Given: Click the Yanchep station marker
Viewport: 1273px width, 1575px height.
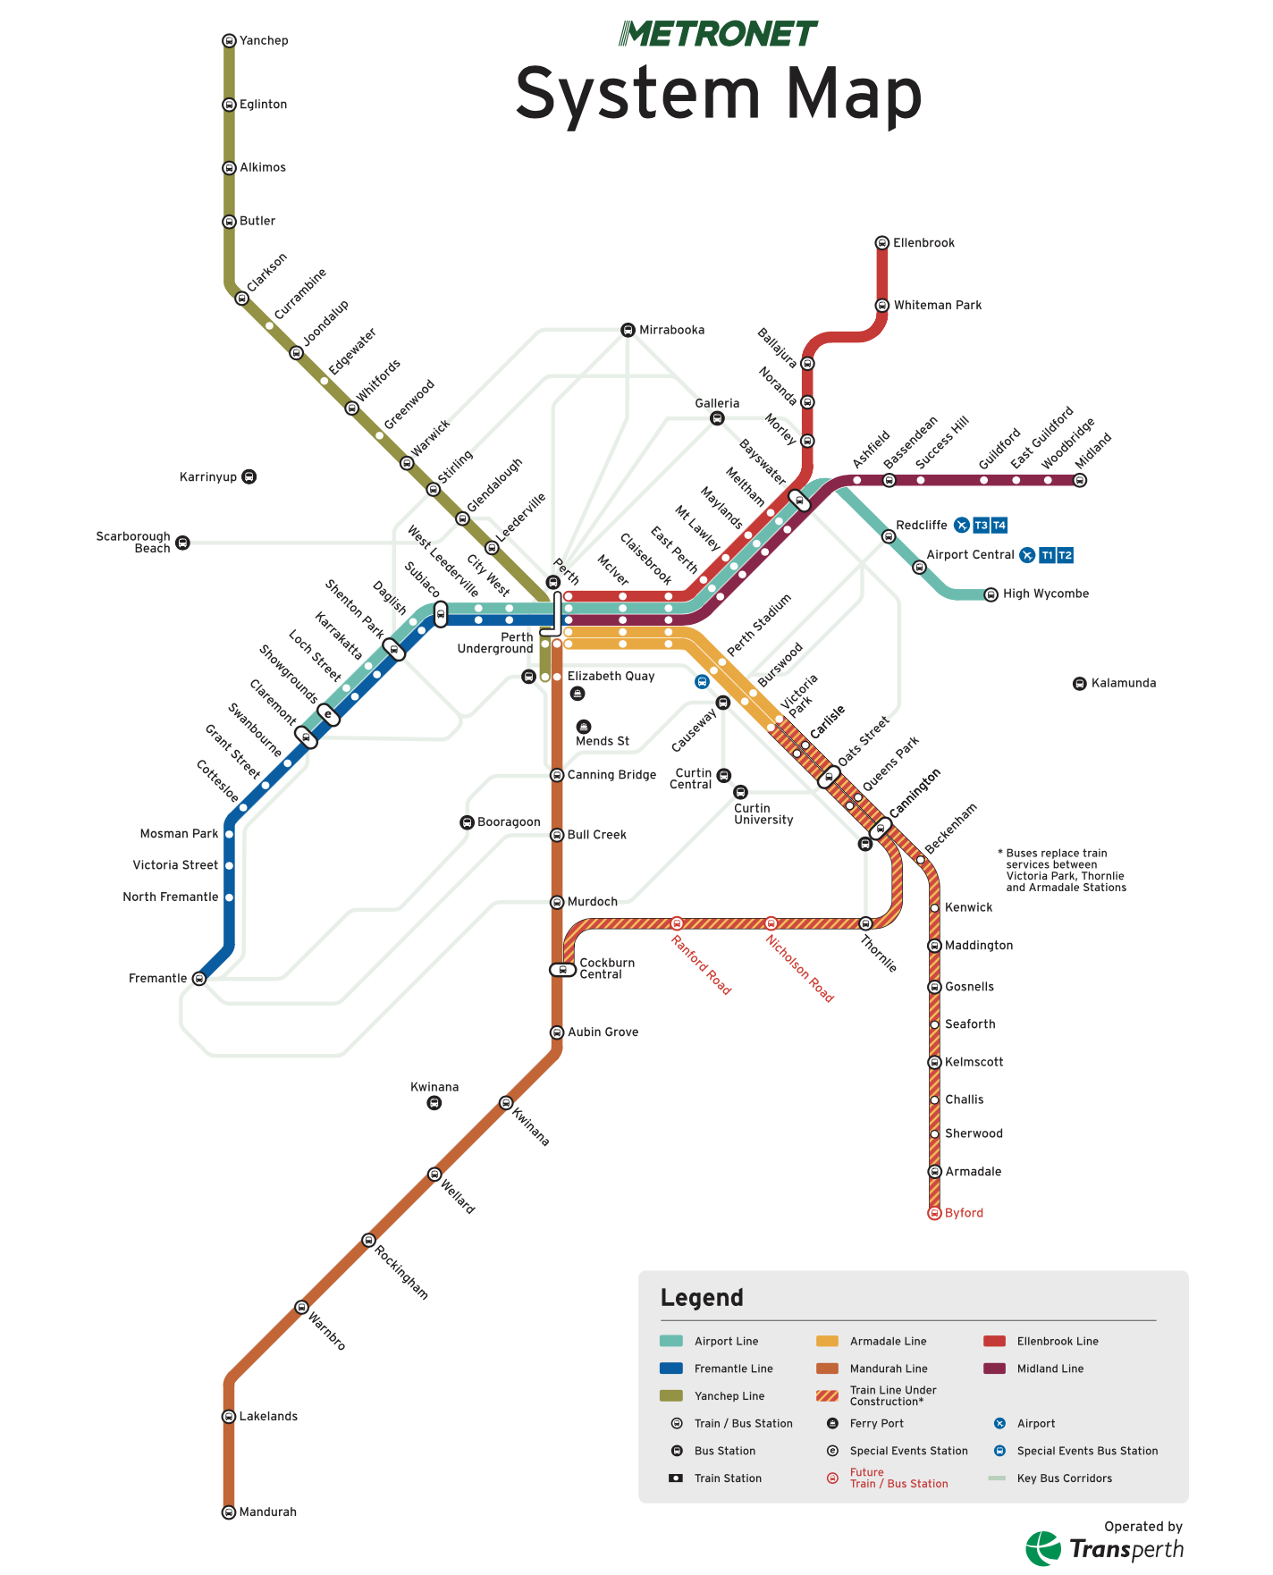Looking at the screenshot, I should click(x=229, y=40).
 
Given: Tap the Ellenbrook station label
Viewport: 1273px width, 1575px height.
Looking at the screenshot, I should click(x=923, y=243).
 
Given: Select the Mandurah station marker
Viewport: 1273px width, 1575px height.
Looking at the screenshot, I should click(x=229, y=1512).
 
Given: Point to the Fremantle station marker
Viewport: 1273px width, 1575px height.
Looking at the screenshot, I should click(x=199, y=979).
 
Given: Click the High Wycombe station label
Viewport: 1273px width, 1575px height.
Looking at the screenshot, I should click(x=1046, y=594).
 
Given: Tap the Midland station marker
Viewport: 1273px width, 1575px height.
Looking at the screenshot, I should click(x=1080, y=480).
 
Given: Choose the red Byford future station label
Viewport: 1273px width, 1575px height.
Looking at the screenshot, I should click(x=964, y=1213).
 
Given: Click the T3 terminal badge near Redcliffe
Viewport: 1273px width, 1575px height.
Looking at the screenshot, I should click(x=981, y=526).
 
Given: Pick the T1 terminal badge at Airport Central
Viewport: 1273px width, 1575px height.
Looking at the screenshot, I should click(x=1047, y=555).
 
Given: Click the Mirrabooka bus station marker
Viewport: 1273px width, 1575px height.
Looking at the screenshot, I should click(x=628, y=330).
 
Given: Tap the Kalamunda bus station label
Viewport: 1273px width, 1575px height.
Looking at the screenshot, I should click(x=1124, y=683).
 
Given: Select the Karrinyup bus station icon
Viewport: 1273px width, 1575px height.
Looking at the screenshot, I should click(x=249, y=476).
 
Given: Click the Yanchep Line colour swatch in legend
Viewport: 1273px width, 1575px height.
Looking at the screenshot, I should click(x=671, y=1396).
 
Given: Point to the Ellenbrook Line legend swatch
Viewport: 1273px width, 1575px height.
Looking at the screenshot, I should click(x=995, y=1341).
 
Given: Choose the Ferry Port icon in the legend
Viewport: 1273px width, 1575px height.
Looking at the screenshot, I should click(x=832, y=1423).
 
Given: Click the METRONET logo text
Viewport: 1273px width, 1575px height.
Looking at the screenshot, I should click(x=719, y=34).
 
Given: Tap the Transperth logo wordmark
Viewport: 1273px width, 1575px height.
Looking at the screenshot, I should click(x=1126, y=1549).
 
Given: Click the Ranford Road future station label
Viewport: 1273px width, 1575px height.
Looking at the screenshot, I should click(x=702, y=965).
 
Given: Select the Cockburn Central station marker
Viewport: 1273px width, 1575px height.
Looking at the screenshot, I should click(x=562, y=970).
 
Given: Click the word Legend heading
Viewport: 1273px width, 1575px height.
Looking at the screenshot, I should click(x=702, y=1298).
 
